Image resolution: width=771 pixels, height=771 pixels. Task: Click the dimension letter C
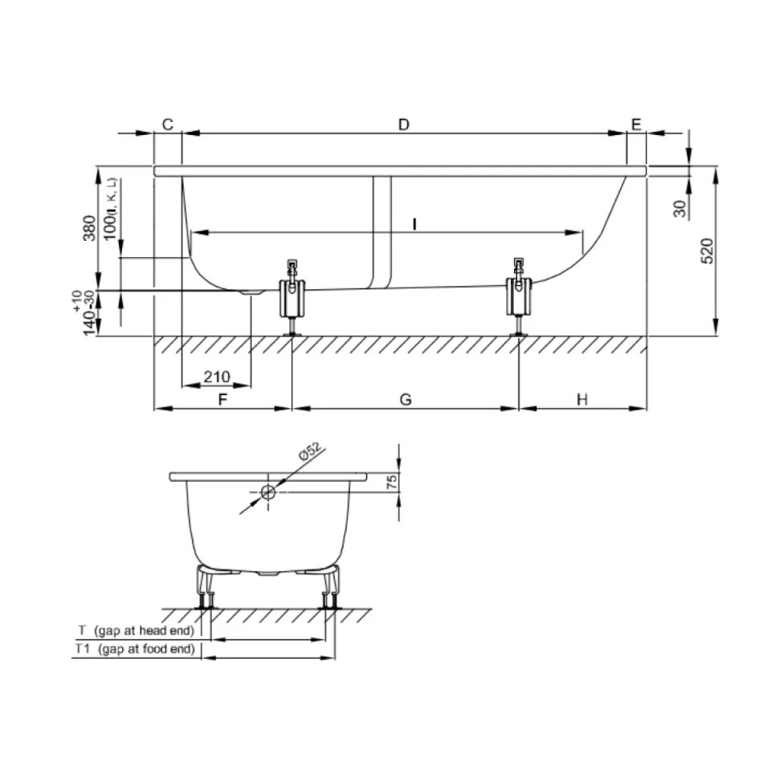tap(168, 124)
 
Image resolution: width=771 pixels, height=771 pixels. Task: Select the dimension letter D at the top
tap(404, 124)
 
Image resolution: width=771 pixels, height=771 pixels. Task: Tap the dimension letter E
tap(636, 124)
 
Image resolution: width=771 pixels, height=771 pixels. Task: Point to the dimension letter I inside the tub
tap(415, 224)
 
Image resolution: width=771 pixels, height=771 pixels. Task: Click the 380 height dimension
tap(89, 228)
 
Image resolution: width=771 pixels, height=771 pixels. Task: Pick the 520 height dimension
tap(707, 251)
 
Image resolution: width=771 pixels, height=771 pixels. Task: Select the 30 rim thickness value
tap(679, 209)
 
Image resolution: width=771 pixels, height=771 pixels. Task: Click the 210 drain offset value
tap(217, 377)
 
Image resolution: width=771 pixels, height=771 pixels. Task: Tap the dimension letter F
tap(222, 399)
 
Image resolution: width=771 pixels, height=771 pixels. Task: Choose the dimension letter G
tap(406, 399)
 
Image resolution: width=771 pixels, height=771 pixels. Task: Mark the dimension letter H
tap(582, 399)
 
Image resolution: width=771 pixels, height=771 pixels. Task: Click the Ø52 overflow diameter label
tap(310, 451)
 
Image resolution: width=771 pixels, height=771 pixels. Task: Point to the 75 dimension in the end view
tap(392, 481)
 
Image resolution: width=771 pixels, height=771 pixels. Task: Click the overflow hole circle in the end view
tap(268, 492)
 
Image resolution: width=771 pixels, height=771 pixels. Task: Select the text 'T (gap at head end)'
tap(137, 630)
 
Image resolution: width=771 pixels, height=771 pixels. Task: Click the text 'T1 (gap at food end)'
tap(135, 649)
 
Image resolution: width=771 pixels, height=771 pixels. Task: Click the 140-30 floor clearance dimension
tap(89, 312)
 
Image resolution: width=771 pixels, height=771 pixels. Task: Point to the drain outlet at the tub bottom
tap(251, 292)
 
